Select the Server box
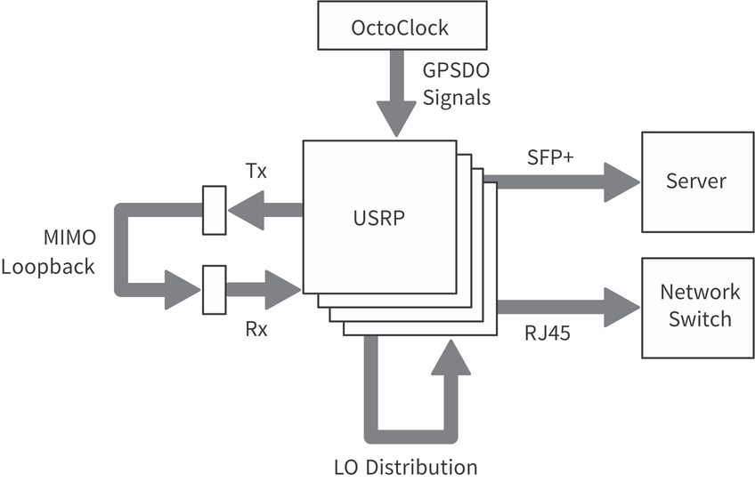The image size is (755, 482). [x=696, y=181]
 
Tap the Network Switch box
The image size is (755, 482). [x=696, y=307]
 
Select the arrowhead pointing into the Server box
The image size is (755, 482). [x=622, y=181]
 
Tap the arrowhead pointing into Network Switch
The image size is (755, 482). [x=622, y=306]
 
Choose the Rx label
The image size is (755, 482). [x=256, y=329]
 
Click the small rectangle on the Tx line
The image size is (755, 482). [x=214, y=210]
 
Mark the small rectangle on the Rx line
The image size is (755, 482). [x=214, y=290]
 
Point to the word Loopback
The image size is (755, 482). [x=48, y=266]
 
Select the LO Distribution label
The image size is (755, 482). [x=405, y=467]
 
